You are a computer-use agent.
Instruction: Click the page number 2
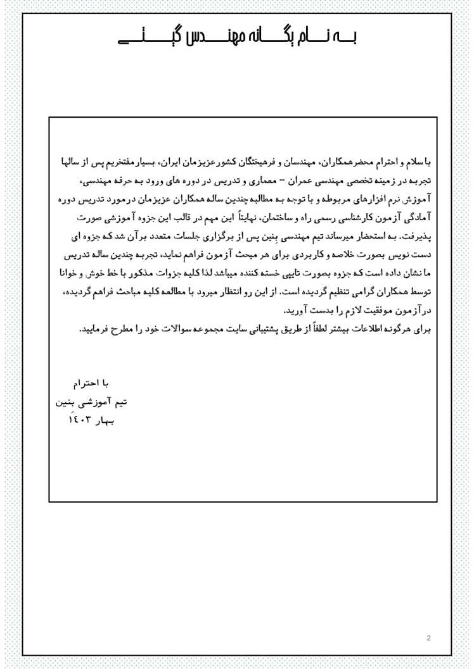[x=428, y=637]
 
